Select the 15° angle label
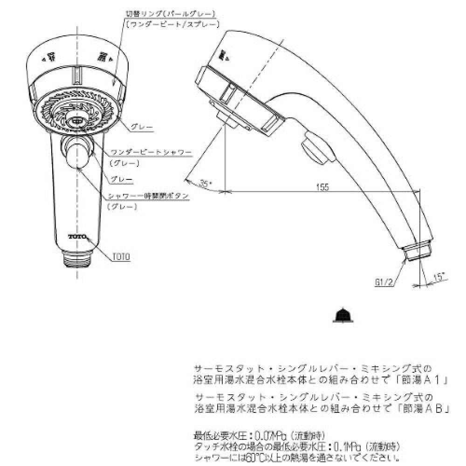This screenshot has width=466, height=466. pyautogui.click(x=439, y=277)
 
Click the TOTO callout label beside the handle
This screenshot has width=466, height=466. pyautogui.click(x=121, y=256)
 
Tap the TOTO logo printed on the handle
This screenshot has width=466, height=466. pyautogui.click(x=77, y=237)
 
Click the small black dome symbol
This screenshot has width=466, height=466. pyautogui.click(x=344, y=315)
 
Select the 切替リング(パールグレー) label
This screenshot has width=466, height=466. pyautogui.click(x=170, y=14)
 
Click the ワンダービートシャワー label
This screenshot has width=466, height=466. pyautogui.click(x=151, y=153)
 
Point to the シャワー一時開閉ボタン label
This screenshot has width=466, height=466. pyautogui.click(x=149, y=196)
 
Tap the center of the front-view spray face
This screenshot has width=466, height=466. pyautogui.click(x=77, y=120)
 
